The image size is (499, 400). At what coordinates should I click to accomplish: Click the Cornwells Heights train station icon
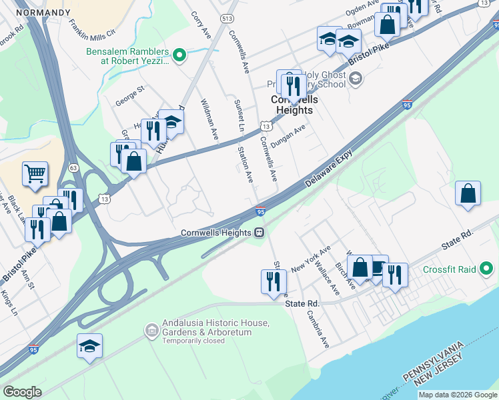[259, 233]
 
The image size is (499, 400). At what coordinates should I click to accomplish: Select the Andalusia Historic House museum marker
[151, 330]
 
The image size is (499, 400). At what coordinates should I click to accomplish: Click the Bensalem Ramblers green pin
[178, 55]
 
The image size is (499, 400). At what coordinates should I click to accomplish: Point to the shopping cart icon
[35, 175]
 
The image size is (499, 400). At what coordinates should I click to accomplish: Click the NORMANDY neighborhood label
[42, 13]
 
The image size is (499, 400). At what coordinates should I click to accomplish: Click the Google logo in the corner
[23, 392]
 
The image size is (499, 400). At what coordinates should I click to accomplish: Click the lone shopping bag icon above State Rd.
[468, 194]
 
